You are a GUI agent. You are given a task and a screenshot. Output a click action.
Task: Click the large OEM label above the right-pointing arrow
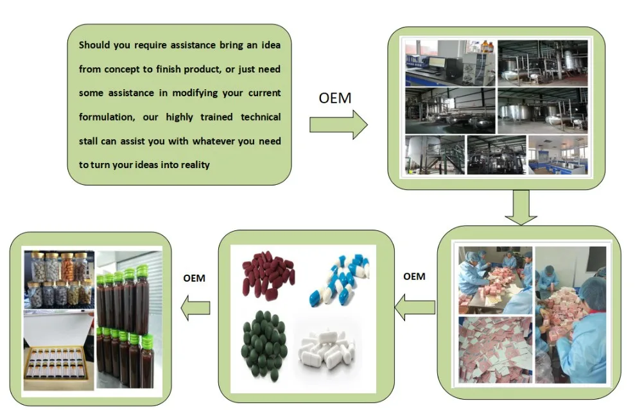click(335, 98)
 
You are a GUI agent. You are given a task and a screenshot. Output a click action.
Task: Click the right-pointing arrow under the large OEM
click(338, 124)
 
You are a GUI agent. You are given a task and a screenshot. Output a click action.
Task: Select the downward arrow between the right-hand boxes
click(521, 207)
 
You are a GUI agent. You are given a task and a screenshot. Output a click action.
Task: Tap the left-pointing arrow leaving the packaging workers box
click(415, 307)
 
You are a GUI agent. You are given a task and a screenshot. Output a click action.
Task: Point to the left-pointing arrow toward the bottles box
click(195, 308)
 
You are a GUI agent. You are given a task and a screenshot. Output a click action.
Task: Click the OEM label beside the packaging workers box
click(414, 277)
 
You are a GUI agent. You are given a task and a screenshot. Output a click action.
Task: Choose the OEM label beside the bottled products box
click(194, 278)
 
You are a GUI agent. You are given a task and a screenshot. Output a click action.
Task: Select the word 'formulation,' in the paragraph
click(107, 117)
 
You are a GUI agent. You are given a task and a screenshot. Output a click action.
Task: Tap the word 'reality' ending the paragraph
click(195, 165)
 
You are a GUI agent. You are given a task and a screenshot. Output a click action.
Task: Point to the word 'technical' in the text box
click(261, 117)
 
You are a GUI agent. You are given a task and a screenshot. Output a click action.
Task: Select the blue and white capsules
click(340, 280)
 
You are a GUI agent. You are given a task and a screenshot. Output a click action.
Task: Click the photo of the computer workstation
click(449, 64)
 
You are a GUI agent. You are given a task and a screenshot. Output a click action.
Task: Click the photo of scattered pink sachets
click(496, 350)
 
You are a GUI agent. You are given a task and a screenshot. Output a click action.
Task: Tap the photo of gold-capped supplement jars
click(59, 280)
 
